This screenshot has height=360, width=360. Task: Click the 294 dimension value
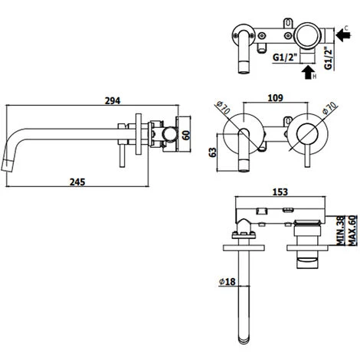point(113,100)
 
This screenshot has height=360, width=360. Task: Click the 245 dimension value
point(77,182)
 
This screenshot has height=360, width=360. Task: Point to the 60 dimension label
point(186,135)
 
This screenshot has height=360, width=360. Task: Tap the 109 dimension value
point(276,97)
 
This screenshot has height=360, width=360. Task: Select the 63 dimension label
point(212,152)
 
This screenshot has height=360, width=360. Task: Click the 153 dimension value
point(280,191)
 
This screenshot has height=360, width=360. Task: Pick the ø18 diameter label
point(227,281)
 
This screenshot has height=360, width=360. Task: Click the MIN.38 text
point(341,231)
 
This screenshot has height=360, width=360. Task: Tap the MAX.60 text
point(352,231)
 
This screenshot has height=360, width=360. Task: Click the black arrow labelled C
point(343,35)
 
